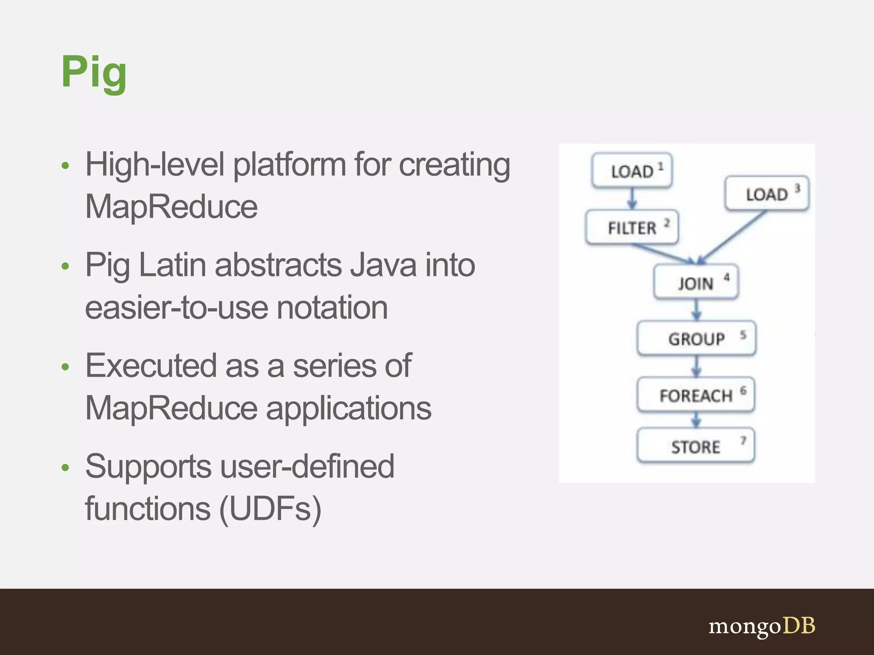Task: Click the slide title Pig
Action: click(x=94, y=72)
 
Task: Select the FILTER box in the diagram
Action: click(x=632, y=227)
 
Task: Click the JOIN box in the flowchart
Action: click(x=696, y=282)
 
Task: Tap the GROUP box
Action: click(x=696, y=339)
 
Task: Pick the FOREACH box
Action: click(x=696, y=395)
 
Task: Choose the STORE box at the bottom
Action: click(x=696, y=446)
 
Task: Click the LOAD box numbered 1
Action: click(x=632, y=171)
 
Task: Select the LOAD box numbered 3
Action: click(x=767, y=194)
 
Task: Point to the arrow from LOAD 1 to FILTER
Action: click(x=632, y=199)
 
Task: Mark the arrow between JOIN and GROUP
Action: click(x=696, y=310)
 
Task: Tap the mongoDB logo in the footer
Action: click(x=762, y=626)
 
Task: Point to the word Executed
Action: click(x=151, y=366)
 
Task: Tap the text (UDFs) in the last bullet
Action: click(x=270, y=509)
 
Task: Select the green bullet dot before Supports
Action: click(x=65, y=468)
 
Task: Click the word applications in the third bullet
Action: click(x=349, y=408)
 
